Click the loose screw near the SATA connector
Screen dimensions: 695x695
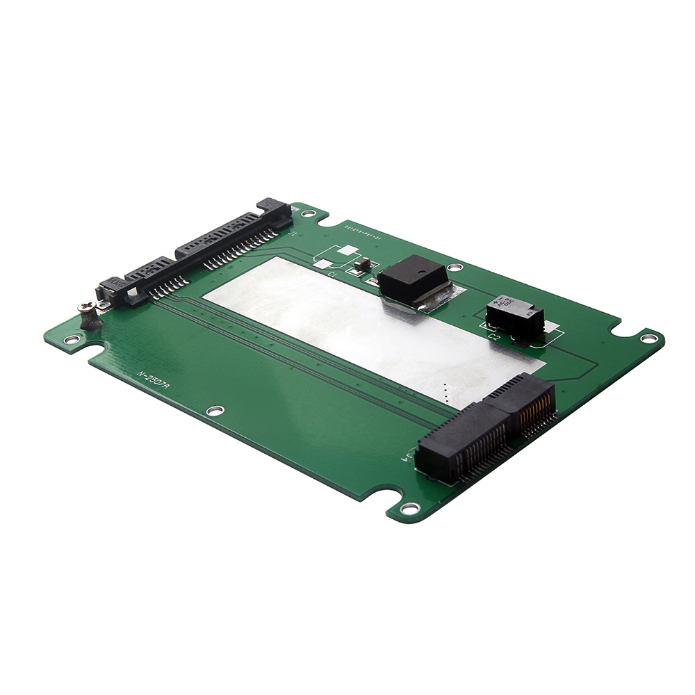[90, 317]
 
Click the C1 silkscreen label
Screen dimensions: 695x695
[332, 275]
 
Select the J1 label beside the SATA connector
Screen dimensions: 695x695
[293, 234]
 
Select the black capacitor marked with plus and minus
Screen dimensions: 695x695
[514, 317]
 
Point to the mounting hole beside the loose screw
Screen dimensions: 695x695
[71, 340]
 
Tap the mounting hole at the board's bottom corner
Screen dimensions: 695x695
[411, 508]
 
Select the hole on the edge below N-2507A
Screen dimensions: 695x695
[215, 410]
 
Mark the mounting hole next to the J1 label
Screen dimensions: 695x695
[306, 213]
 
